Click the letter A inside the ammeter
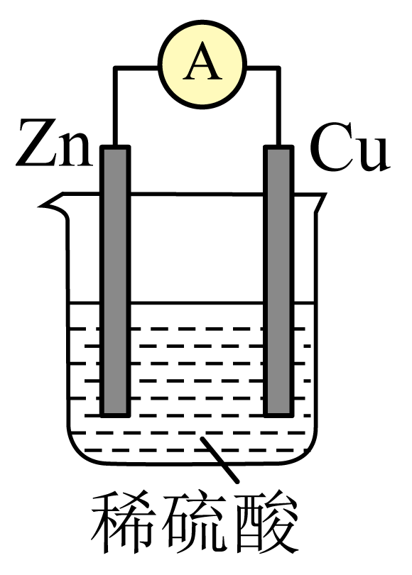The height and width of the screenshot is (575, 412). pos(202,61)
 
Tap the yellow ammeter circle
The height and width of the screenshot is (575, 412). pos(202,65)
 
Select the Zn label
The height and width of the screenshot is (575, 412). pos(54,143)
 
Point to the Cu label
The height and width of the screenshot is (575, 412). pos(349,148)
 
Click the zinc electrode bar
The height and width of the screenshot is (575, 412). pos(115,281)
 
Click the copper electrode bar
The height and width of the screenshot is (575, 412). pos(279,281)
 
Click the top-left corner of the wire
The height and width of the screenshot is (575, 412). pos(115,68)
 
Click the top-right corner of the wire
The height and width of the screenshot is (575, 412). pos(278,68)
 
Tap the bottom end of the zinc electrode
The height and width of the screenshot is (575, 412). pos(115,416)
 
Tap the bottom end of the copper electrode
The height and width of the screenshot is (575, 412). pos(279,416)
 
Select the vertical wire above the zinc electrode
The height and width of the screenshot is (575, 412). pos(115,106)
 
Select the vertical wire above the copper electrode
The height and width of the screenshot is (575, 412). pos(278,106)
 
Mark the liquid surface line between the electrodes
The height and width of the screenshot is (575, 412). pos(197,303)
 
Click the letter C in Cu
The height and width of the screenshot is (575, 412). pos(330,148)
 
